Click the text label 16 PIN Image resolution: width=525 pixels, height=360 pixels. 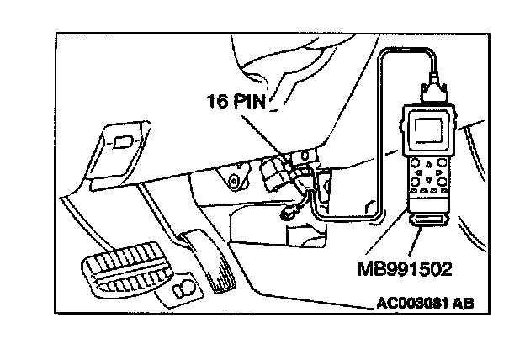click(x=236, y=101)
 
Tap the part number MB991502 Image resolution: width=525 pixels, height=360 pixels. click(x=405, y=269)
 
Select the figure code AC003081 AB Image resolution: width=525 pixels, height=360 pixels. click(x=425, y=304)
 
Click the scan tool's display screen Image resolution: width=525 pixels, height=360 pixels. click(x=428, y=130)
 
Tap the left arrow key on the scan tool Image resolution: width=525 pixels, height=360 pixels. click(x=418, y=172)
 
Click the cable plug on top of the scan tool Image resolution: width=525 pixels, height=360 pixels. click(x=434, y=90)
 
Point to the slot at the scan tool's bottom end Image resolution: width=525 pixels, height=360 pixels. click(x=429, y=220)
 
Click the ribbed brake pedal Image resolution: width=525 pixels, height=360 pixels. click(x=126, y=268)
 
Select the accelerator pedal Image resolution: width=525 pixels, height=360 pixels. click(x=208, y=260)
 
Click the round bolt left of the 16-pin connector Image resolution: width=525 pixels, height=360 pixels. click(x=233, y=181)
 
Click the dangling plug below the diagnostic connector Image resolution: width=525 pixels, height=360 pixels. click(x=288, y=214)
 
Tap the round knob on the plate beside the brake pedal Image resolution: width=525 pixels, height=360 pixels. click(x=183, y=287)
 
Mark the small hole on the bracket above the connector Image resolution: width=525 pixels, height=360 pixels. click(x=305, y=156)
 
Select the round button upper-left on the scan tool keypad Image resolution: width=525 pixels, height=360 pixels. click(x=415, y=163)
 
